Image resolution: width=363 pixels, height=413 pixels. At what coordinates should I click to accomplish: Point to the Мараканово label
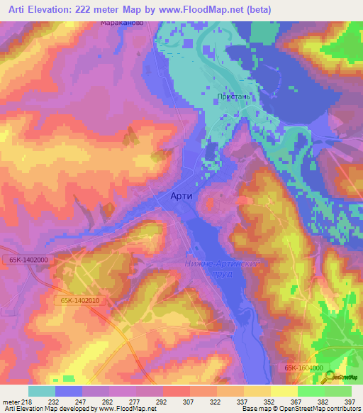122,23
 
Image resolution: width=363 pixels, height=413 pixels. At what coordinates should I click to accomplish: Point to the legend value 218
28,401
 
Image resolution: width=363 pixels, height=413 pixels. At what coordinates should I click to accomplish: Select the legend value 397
350,401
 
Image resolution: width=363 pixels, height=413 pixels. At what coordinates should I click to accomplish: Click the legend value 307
189,401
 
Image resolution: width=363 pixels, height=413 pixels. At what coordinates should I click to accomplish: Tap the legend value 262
108,401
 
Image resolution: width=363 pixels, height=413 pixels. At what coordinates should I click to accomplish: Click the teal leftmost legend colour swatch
41,391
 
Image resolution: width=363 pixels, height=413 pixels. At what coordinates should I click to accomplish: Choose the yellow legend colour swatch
284,391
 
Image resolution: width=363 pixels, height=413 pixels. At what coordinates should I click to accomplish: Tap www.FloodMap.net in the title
213,9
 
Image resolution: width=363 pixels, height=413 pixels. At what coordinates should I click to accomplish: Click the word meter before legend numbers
11,401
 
